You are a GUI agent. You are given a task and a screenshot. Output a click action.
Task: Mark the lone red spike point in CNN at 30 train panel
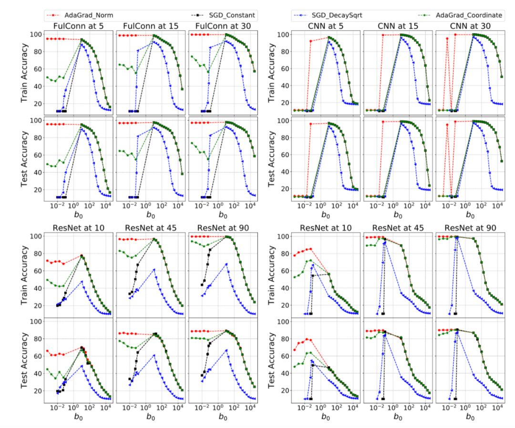447,39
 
